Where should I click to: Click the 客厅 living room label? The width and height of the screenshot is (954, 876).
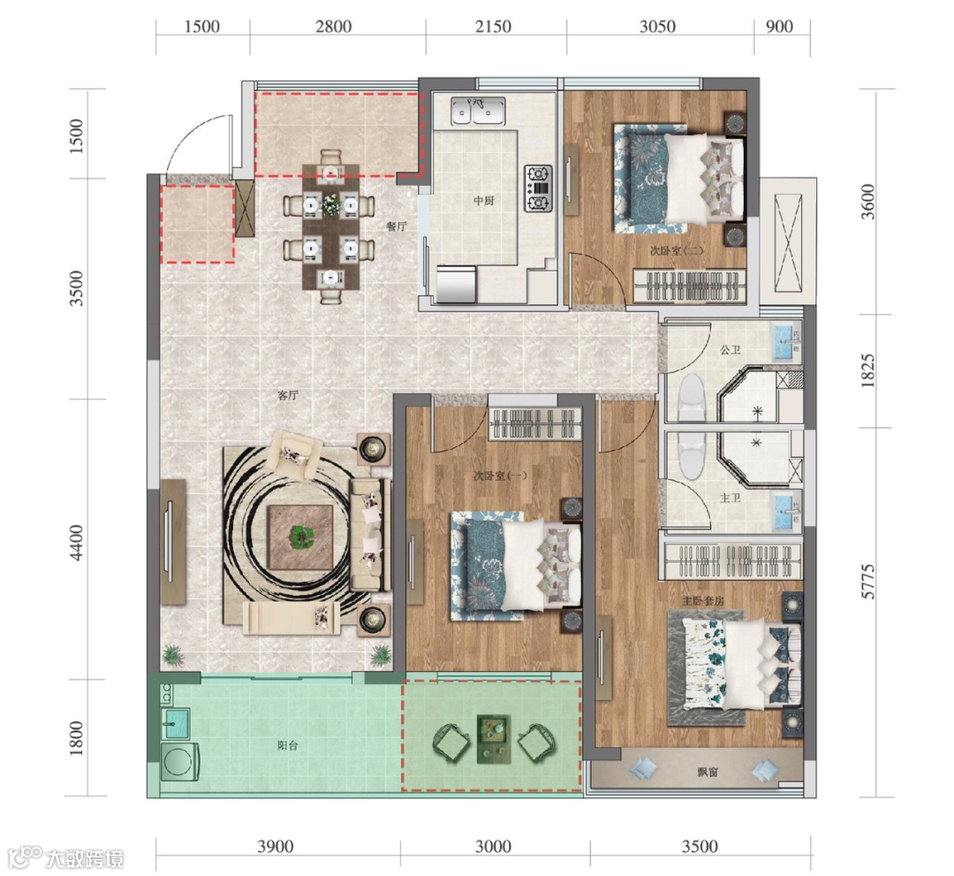click(287, 396)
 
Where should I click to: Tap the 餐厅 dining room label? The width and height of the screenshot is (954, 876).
click(396, 226)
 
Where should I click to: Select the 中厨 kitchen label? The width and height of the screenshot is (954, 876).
click(484, 201)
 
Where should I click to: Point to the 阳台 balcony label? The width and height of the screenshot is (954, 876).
click(287, 745)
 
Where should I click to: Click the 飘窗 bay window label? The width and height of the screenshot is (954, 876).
click(707, 772)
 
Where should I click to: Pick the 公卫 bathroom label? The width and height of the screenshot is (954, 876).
click(731, 350)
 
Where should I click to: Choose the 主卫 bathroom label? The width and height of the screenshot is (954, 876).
click(731, 498)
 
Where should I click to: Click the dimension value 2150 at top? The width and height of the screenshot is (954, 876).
click(493, 27)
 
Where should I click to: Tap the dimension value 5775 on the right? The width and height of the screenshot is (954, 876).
click(868, 581)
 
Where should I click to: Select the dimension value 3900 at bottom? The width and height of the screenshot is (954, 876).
click(275, 846)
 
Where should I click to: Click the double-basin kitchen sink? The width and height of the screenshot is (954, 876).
click(478, 111)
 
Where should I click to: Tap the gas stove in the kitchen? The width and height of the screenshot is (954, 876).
click(539, 188)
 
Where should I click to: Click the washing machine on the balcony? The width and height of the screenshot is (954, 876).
click(181, 760)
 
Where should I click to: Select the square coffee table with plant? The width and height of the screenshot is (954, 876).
click(300, 538)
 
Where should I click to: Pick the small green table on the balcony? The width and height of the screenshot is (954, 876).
click(494, 738)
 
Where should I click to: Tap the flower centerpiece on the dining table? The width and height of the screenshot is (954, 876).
click(330, 203)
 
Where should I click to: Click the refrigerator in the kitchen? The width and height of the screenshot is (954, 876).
click(456, 283)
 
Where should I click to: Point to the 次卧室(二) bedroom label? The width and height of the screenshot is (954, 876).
click(668, 250)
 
